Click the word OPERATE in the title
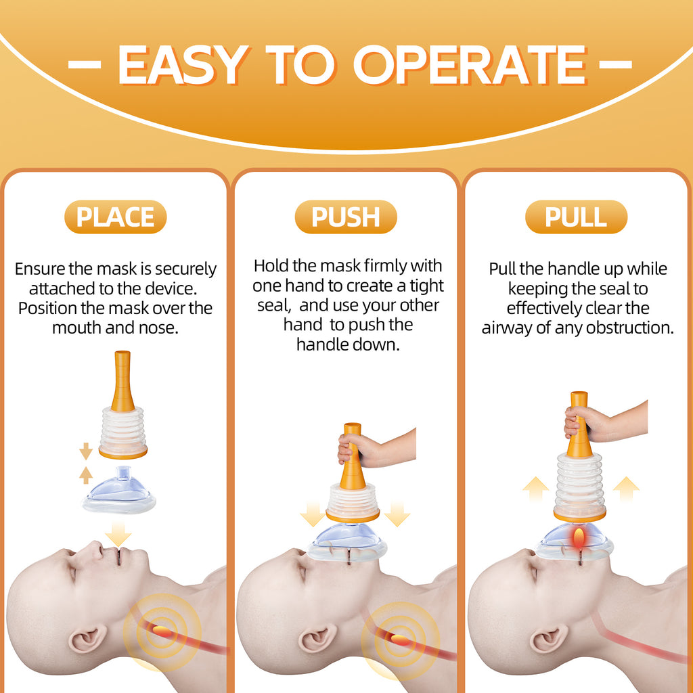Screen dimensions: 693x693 tap(470, 66)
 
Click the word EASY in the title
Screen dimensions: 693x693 tap(181, 66)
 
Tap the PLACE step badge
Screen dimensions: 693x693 tap(115, 217)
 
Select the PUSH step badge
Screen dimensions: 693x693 tap(346, 217)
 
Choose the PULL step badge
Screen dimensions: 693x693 tap(576, 217)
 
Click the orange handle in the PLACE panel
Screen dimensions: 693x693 tap(122, 383)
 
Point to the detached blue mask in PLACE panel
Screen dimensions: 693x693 tap(119, 490)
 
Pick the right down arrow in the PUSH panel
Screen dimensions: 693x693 tap(398, 514)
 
